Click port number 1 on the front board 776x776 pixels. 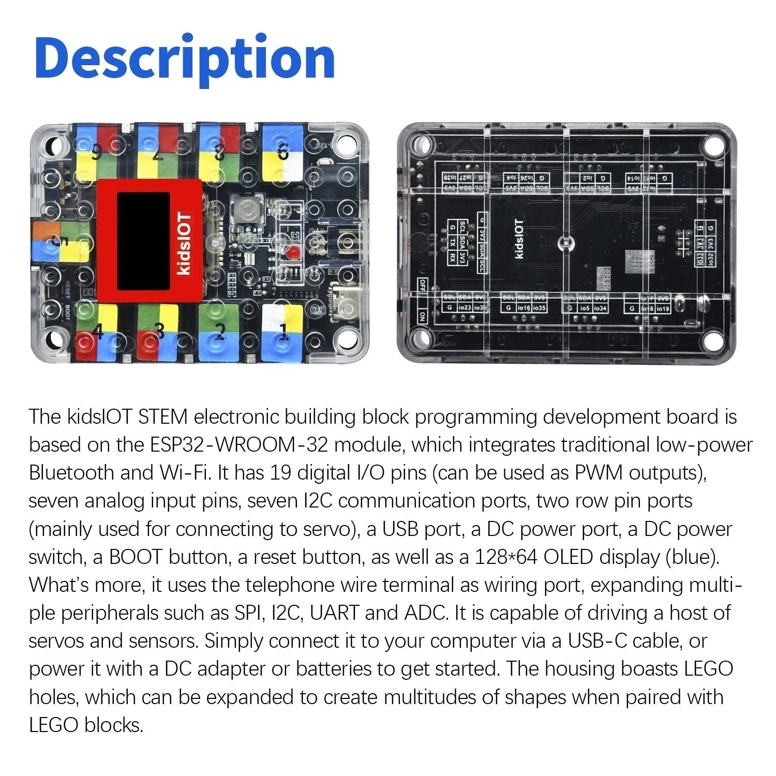point(283,330)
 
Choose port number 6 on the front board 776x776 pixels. point(282,153)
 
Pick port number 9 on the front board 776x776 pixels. point(96,153)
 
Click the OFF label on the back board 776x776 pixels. point(422,285)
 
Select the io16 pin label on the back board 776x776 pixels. point(524,308)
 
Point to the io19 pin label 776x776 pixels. point(663,308)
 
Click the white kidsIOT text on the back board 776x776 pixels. point(520,240)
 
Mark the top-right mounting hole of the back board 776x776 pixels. point(714,141)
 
